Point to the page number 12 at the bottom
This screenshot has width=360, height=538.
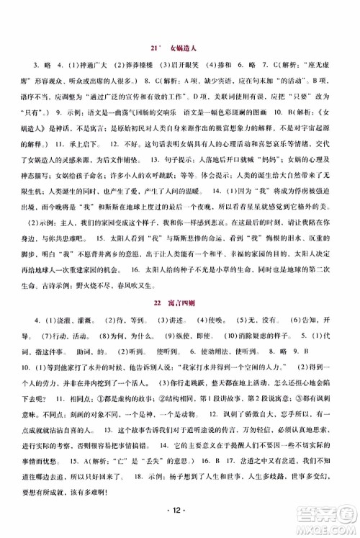click(x=179, y=511)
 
